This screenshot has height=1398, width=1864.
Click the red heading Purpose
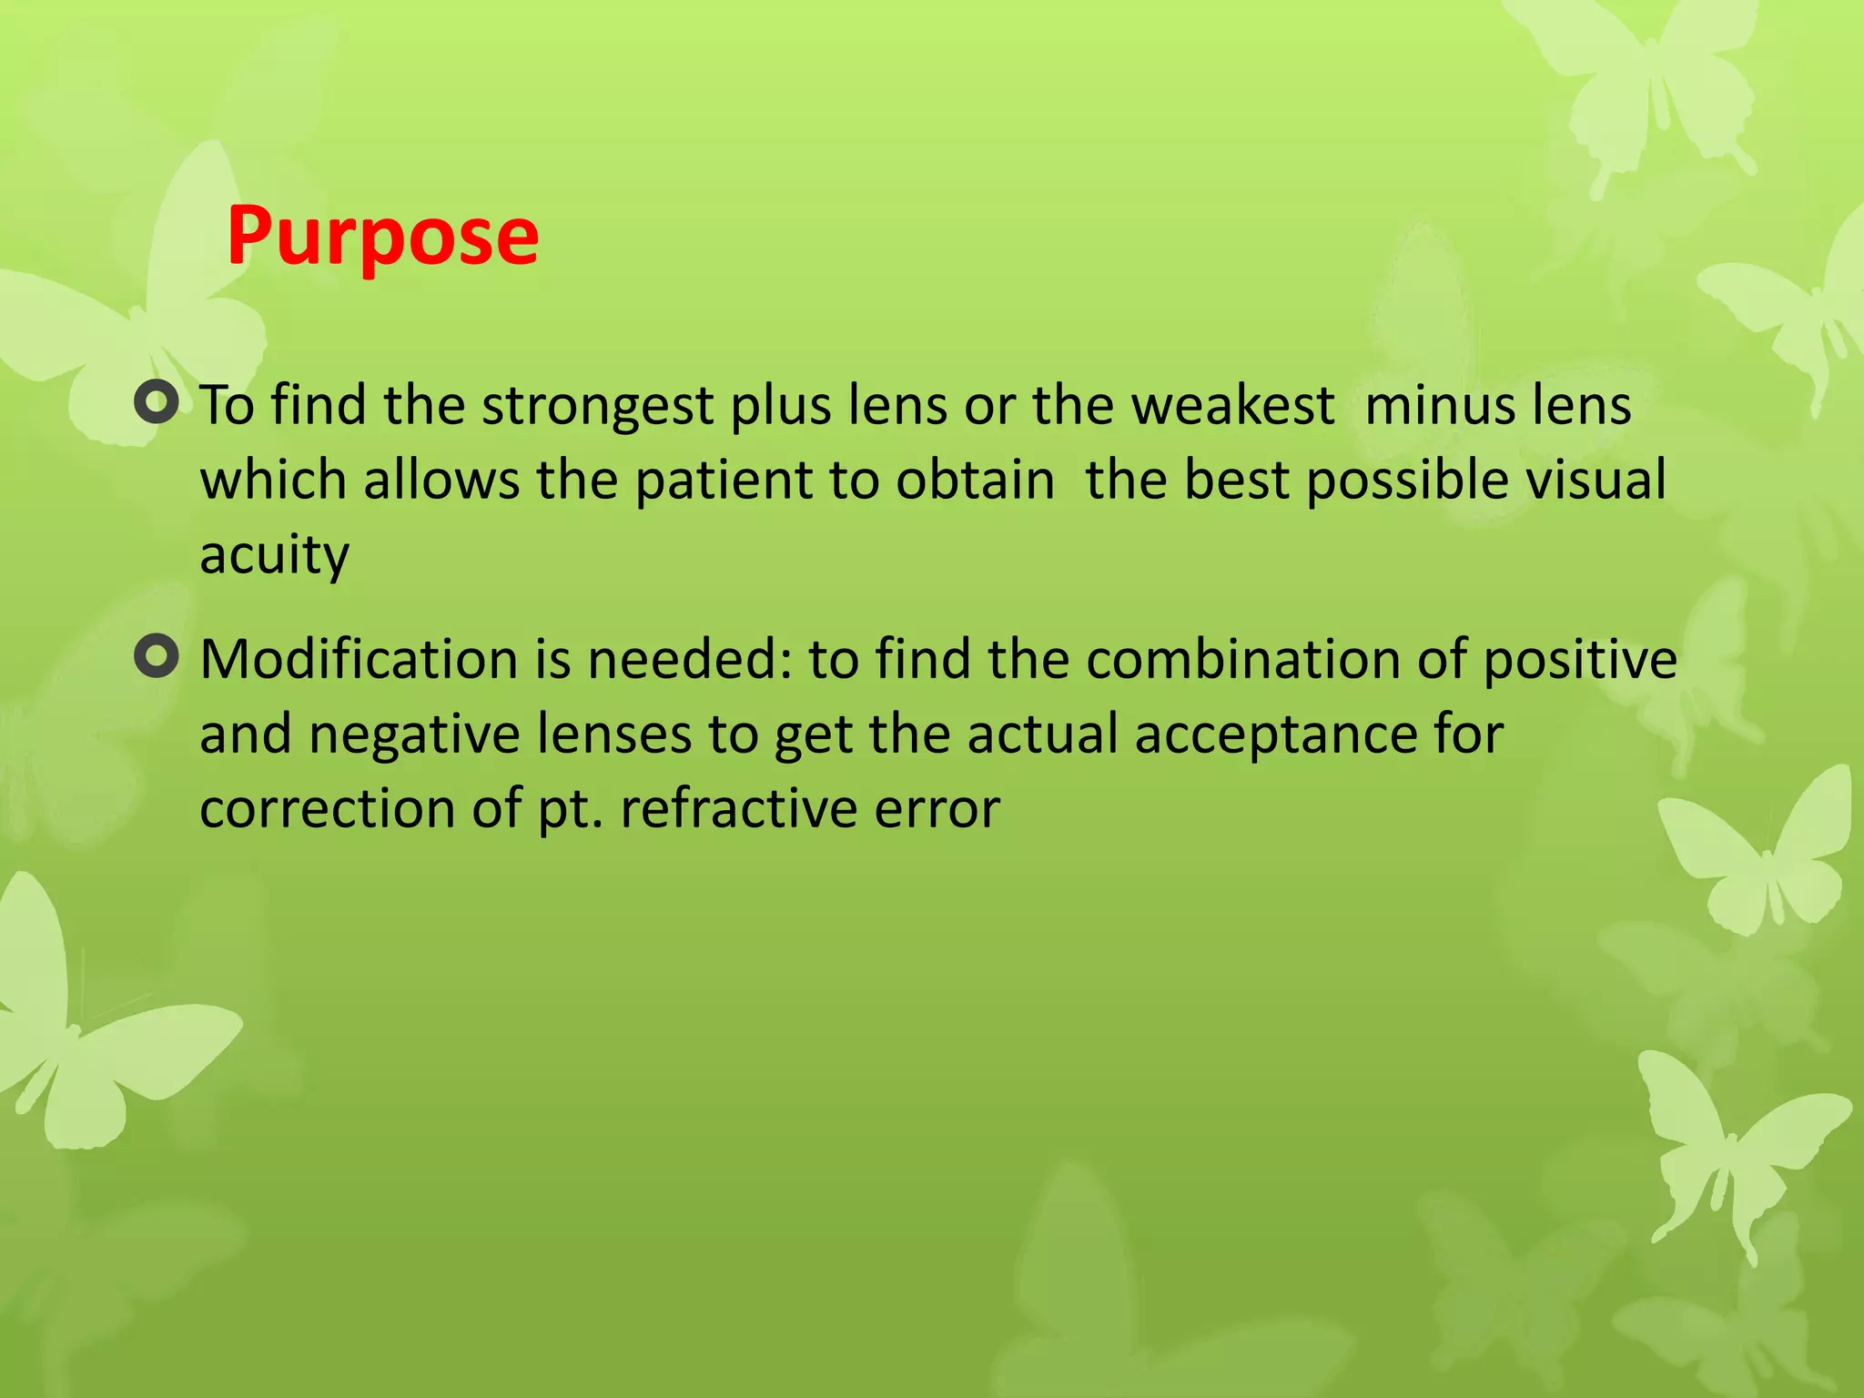click(382, 237)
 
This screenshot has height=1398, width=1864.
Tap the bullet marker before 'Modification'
click(156, 656)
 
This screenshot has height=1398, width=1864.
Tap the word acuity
click(274, 555)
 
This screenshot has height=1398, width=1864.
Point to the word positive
click(1580, 661)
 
